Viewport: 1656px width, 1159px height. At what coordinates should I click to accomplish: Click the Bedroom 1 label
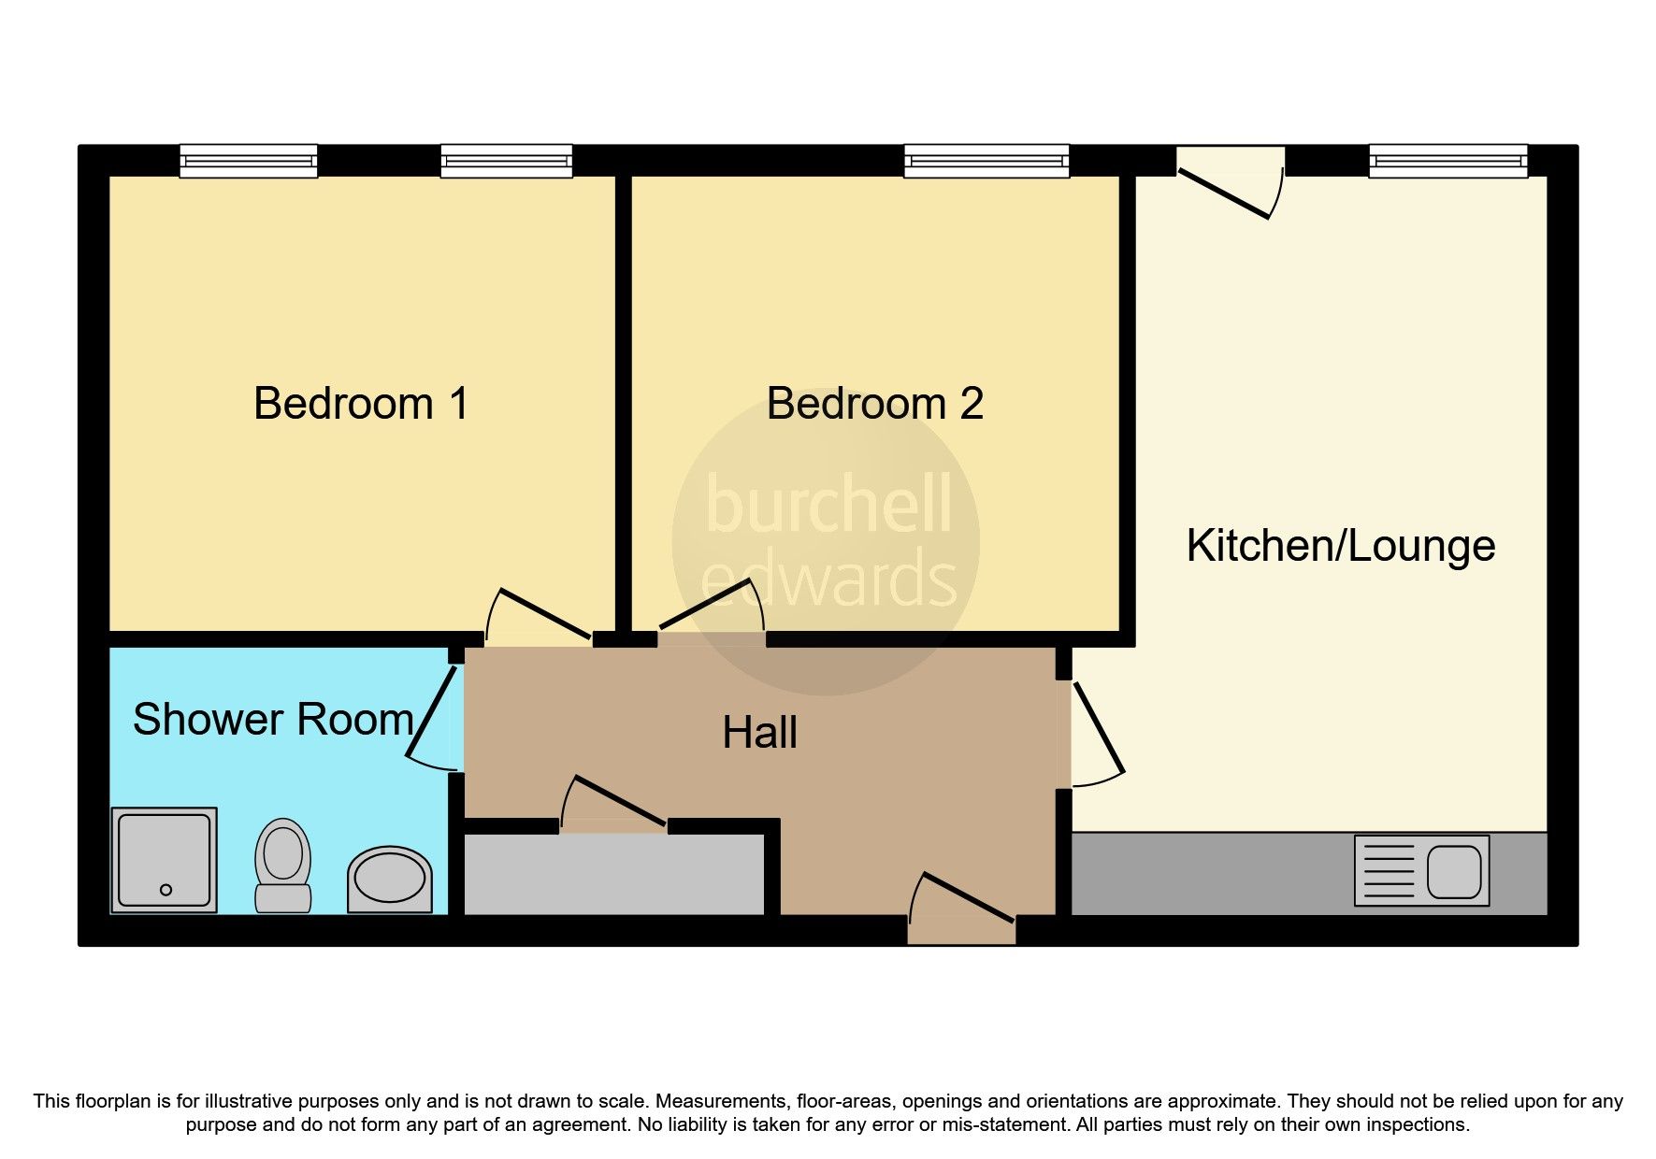click(x=361, y=404)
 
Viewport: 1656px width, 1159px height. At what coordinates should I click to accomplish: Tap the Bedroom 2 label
click(x=874, y=404)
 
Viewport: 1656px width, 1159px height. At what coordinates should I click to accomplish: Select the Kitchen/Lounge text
click(x=1340, y=546)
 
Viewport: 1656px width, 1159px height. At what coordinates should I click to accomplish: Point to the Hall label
click(x=759, y=733)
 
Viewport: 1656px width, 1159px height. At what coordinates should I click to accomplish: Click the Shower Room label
click(x=273, y=720)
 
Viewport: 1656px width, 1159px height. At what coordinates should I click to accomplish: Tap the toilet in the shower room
click(x=283, y=865)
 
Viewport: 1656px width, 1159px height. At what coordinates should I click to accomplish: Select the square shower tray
click(x=165, y=860)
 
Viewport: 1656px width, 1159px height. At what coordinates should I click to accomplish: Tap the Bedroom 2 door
click(x=711, y=608)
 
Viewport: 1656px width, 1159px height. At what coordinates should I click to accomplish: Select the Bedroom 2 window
click(x=986, y=161)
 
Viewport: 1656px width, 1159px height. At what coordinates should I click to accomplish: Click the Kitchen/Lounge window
click(x=1448, y=161)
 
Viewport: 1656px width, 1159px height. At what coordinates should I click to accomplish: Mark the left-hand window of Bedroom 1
click(x=249, y=161)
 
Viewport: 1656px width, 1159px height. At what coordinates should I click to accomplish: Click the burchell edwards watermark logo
click(x=827, y=542)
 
